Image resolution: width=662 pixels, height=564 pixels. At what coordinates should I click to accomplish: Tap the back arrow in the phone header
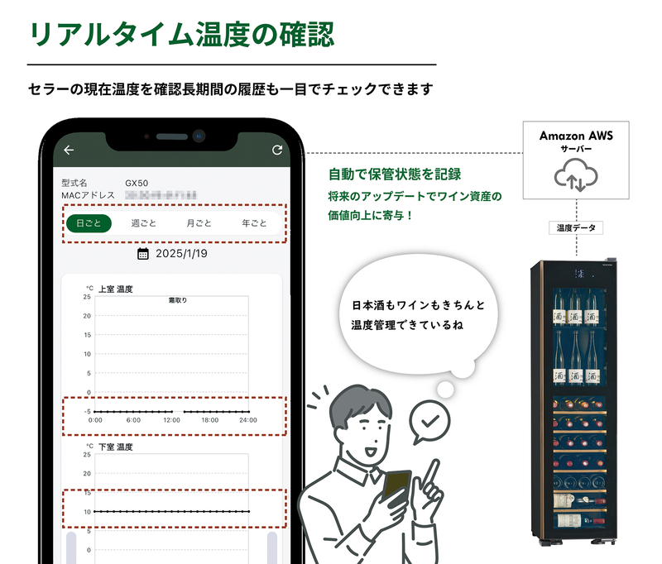(x=69, y=151)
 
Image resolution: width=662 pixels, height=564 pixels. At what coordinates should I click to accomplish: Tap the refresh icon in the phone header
(x=277, y=150)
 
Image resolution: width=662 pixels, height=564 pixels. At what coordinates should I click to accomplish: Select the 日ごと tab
(x=89, y=223)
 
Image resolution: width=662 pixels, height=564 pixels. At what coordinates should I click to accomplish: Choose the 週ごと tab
(x=144, y=223)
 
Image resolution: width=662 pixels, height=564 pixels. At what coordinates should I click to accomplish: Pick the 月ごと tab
(x=199, y=223)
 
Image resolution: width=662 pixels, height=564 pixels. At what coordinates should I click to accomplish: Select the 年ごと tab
(x=254, y=223)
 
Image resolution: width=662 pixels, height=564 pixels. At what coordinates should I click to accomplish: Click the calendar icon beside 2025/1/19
(x=143, y=253)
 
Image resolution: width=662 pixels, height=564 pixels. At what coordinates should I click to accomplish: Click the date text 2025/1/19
(x=182, y=253)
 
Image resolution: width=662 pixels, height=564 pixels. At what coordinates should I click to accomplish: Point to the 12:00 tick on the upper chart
(x=172, y=420)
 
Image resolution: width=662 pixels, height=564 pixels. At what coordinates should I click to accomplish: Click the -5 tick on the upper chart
(x=86, y=411)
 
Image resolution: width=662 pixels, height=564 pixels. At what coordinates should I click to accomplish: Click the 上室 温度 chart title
(x=116, y=289)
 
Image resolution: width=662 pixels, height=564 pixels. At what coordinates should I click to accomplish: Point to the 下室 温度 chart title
(x=116, y=447)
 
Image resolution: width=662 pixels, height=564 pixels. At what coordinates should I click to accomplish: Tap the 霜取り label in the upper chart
(x=177, y=300)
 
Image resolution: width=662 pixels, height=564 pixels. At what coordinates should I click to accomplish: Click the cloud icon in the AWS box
(x=576, y=176)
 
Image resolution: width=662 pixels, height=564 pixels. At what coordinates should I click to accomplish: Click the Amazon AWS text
(x=576, y=135)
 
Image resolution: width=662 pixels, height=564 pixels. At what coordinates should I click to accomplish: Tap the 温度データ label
(x=576, y=227)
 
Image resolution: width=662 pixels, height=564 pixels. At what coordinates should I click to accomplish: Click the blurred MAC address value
(x=161, y=194)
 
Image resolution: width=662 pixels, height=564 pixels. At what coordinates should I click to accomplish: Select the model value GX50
(x=137, y=182)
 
